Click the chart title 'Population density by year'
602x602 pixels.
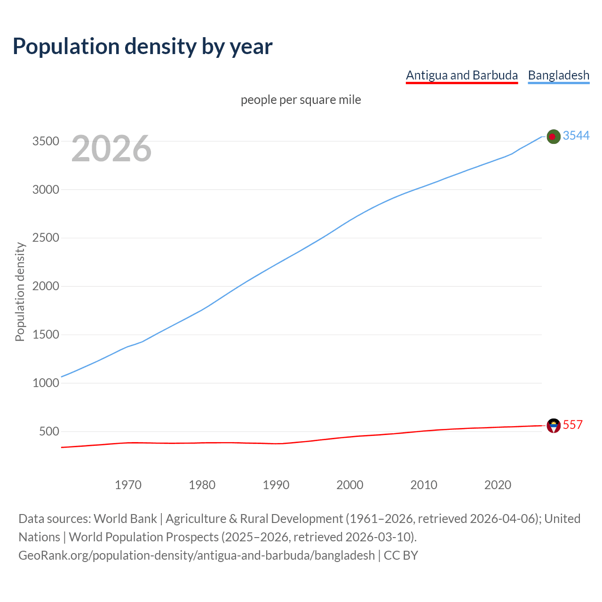tap(143, 47)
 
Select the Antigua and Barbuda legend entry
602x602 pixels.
tap(461, 75)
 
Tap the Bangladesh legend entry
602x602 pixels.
tap(558, 75)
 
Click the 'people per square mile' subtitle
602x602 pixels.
tap(301, 100)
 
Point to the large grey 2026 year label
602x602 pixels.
tap(111, 149)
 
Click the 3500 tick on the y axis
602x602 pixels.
tap(46, 142)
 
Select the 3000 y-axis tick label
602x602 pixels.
tap(46, 190)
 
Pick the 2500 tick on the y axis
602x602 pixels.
tap(46, 238)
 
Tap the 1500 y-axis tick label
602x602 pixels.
tap(46, 335)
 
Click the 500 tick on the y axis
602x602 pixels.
tap(49, 431)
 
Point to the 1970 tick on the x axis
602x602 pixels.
tap(128, 485)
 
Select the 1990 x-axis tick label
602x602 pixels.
tap(276, 485)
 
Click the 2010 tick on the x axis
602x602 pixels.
tap(424, 485)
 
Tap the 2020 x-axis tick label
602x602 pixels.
tap(498, 485)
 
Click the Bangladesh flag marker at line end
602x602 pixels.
tap(554, 136)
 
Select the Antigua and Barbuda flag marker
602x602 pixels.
tap(554, 426)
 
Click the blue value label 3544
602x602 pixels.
tap(576, 135)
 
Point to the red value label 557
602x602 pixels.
tap(572, 425)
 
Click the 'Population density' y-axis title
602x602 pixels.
tap(20, 292)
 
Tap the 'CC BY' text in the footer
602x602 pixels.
tap(401, 555)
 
